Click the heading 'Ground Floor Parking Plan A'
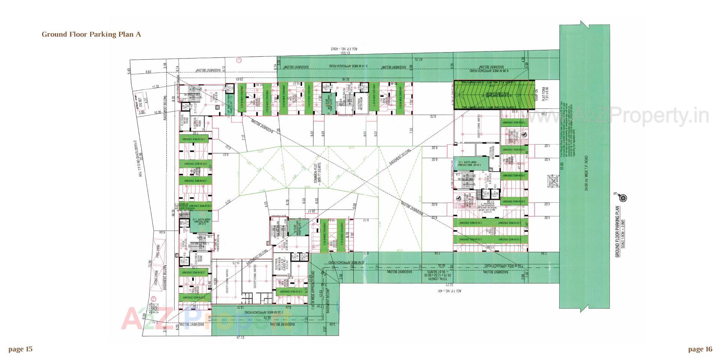(x=91, y=35)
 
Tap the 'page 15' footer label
(x=20, y=349)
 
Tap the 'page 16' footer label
(x=700, y=349)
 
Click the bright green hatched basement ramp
(x=494, y=95)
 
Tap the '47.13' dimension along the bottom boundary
(x=240, y=337)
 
